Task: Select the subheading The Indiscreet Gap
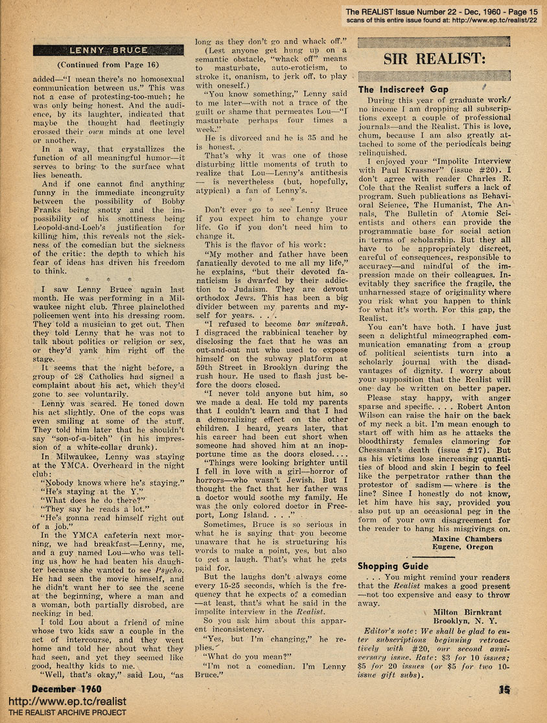[404, 89]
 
